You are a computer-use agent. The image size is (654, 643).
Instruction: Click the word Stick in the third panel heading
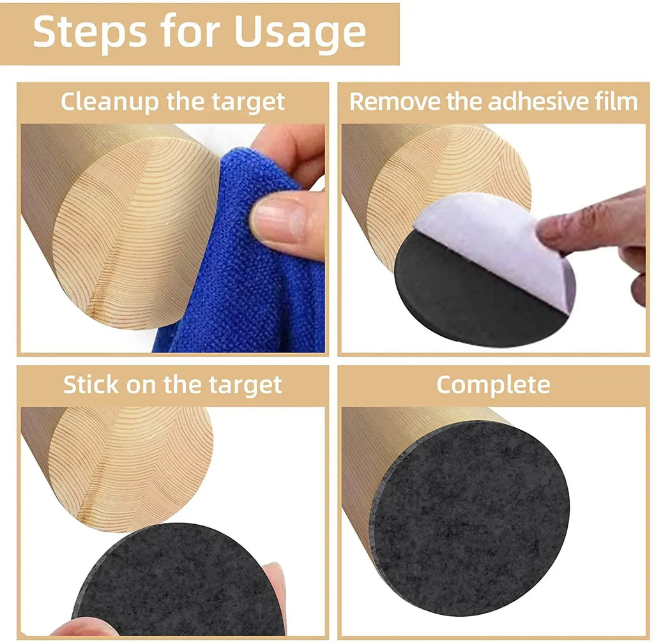(89, 385)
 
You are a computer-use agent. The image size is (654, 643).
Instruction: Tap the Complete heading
(493, 384)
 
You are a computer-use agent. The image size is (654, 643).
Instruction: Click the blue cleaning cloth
(243, 287)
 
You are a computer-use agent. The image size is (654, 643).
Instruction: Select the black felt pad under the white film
(460, 300)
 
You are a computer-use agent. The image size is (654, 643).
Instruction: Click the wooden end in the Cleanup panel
(134, 236)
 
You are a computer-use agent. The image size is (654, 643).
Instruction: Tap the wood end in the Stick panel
(134, 466)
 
